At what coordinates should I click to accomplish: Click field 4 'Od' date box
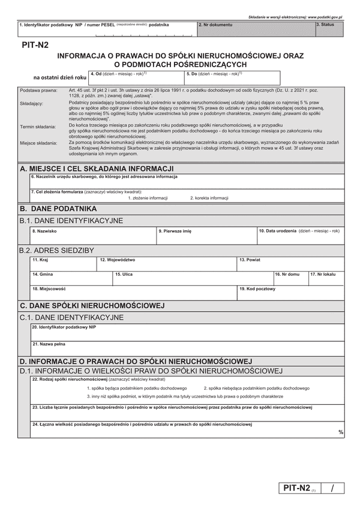click(134, 78)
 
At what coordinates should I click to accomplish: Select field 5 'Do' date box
click(232, 78)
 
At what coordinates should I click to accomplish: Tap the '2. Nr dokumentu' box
click(254, 29)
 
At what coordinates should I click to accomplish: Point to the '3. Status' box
click(329, 29)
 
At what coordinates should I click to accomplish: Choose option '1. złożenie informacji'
click(148, 198)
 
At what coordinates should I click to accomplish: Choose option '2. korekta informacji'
click(209, 198)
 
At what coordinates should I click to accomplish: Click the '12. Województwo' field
click(167, 265)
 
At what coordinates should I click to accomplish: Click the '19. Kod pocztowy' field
click(290, 294)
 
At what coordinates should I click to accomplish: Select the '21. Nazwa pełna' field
click(187, 348)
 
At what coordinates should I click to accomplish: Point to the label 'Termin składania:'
click(38, 127)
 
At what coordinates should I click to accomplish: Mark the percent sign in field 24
click(341, 432)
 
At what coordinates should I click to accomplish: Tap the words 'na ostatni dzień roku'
click(60, 77)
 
